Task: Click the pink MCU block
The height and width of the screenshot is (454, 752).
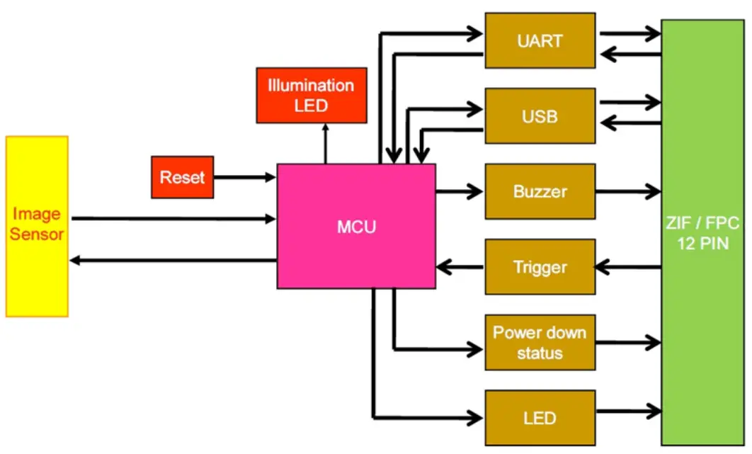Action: coord(356,227)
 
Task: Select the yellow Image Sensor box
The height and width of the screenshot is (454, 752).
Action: coord(37,226)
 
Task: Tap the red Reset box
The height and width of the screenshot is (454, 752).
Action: coord(183,177)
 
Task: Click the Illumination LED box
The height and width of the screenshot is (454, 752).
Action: coord(311,95)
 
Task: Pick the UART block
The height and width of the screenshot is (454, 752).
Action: coord(540,40)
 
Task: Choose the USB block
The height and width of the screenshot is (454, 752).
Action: coord(540,116)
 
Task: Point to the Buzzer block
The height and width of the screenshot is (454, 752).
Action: coord(540,191)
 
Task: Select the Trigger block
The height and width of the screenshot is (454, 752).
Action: coord(540,267)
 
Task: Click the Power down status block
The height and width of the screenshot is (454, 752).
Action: coord(540,342)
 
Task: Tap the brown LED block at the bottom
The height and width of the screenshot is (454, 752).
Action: coord(540,418)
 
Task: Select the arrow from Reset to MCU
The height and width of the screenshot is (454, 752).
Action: coord(244,177)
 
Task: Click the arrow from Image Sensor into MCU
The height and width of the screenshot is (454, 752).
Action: coord(173,219)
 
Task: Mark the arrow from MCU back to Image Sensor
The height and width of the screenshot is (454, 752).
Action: coord(173,261)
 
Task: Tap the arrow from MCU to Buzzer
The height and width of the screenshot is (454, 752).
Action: coord(460,191)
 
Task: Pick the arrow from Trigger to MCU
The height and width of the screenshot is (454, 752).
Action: coord(460,267)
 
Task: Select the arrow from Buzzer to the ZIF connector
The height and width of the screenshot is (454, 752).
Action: coord(627,191)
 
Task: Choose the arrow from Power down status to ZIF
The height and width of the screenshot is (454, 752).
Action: coord(627,342)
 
